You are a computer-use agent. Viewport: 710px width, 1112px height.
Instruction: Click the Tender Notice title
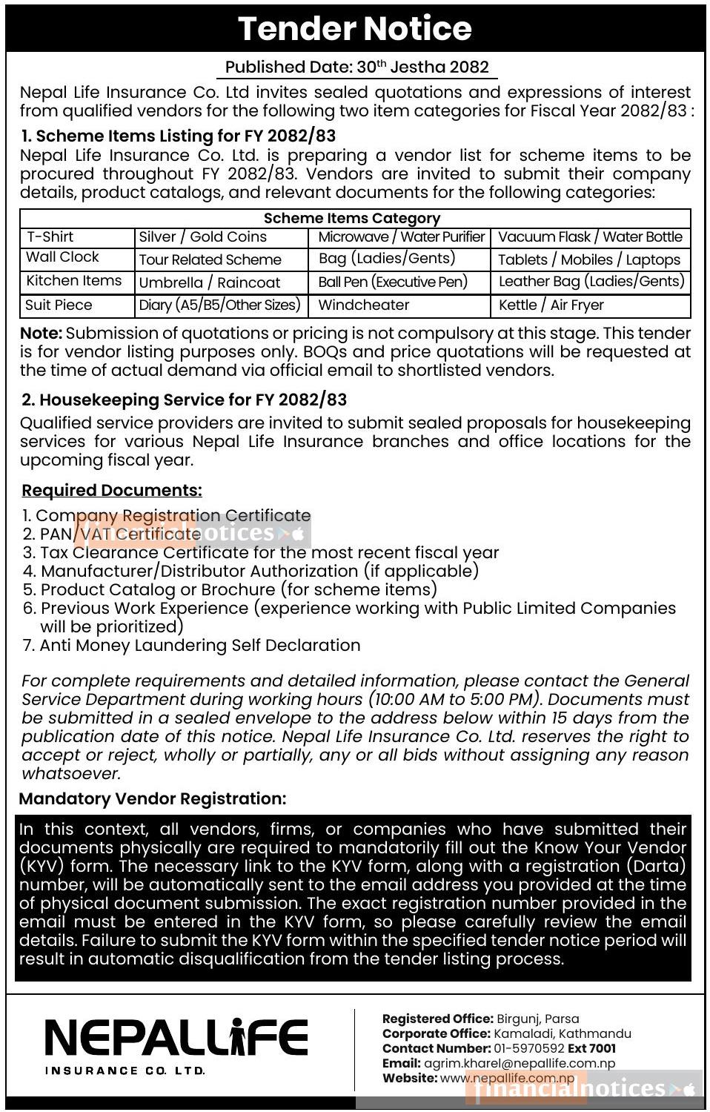pyautogui.click(x=354, y=28)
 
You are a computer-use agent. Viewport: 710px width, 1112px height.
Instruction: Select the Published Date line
pyautogui.click(x=356, y=67)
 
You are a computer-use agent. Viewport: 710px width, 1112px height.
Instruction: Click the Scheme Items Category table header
pyautogui.click(x=352, y=219)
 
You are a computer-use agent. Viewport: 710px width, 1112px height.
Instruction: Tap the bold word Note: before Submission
pyautogui.click(x=41, y=334)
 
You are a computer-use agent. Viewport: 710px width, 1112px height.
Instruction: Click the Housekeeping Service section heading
pyautogui.click(x=184, y=400)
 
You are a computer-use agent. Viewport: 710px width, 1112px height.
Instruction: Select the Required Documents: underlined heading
pyautogui.click(x=112, y=491)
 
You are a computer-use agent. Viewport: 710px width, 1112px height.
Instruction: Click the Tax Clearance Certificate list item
pyautogui.click(x=269, y=553)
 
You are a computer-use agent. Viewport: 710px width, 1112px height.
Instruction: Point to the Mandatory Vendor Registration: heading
pyautogui.click(x=153, y=799)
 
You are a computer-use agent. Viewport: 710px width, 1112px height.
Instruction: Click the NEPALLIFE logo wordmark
pyautogui.click(x=176, y=1038)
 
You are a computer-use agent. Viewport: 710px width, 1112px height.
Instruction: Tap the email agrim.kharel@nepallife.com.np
pyautogui.click(x=520, y=1064)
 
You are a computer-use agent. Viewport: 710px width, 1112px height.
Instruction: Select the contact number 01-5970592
pyautogui.click(x=528, y=1049)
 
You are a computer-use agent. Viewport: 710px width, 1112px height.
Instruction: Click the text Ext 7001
pyautogui.click(x=591, y=1049)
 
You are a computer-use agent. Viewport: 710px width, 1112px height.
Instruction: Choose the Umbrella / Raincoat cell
pyautogui.click(x=210, y=283)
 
